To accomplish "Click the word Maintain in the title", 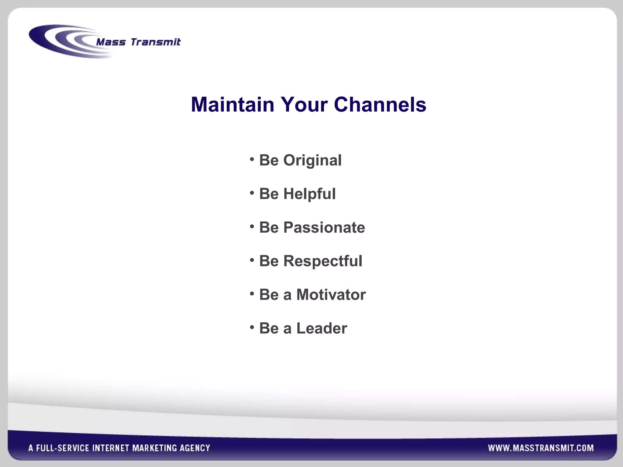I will click(x=232, y=105).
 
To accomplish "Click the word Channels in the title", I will click(x=380, y=105).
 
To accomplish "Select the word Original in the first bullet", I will click(x=312, y=161).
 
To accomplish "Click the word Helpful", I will click(x=309, y=194).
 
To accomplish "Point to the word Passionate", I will click(x=324, y=227).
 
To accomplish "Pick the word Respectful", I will click(x=323, y=261).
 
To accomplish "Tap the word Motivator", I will click(x=331, y=295).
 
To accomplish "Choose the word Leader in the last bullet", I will click(x=322, y=328).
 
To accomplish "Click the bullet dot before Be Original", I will click(x=252, y=159).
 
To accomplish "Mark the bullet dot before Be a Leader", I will click(x=252, y=327).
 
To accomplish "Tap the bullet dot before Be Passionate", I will click(x=252, y=226).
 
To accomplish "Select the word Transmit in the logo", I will click(x=155, y=42).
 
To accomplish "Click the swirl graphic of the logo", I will click(x=61, y=41).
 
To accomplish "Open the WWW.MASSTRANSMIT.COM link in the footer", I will click(x=541, y=448).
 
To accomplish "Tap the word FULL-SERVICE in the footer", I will click(x=63, y=448).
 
